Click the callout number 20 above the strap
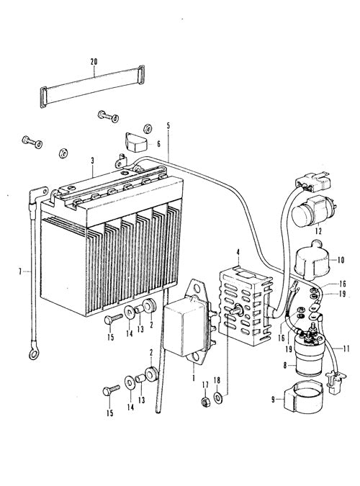(x=94, y=61)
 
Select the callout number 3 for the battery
(x=92, y=161)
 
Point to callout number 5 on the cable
(x=168, y=126)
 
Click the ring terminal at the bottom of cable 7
(x=32, y=354)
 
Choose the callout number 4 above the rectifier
(x=238, y=252)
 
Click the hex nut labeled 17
(x=204, y=402)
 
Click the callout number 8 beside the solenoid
(x=286, y=366)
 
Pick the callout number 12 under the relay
(x=318, y=231)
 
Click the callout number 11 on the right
(x=346, y=348)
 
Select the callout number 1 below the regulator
(x=194, y=378)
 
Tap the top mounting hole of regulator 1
(x=197, y=289)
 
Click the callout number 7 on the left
(x=20, y=272)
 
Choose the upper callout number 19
(x=342, y=294)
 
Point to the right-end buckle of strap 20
(x=141, y=74)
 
